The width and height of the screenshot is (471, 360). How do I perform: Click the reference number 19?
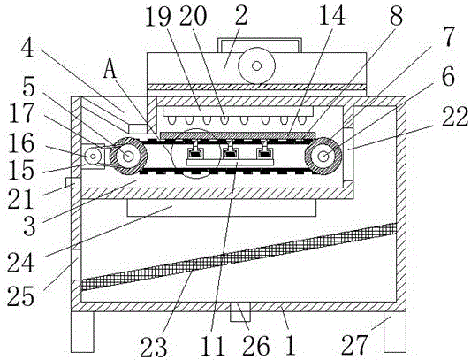[158, 16]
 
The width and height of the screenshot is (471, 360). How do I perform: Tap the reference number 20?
[194, 16]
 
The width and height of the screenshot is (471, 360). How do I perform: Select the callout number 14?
[331, 16]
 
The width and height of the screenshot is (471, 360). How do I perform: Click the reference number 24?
[20, 263]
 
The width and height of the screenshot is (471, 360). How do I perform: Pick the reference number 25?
[20, 296]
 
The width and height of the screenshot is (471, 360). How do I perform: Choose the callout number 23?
[154, 347]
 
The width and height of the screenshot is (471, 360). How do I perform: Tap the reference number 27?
[354, 345]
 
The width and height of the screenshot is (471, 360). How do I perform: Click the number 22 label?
[455, 117]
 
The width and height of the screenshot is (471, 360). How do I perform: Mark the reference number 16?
[21, 144]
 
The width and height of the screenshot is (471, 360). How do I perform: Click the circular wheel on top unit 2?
[256, 65]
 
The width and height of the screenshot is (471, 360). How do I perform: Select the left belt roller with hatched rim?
[128, 156]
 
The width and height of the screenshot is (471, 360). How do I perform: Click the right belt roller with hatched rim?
[323, 156]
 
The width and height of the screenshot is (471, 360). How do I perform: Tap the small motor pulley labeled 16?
[93, 156]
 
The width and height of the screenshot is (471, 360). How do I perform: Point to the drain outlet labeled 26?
[240, 312]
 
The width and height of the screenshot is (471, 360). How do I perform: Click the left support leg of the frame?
[82, 332]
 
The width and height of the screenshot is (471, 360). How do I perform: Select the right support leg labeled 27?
[395, 332]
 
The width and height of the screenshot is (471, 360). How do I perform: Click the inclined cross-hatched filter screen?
[239, 257]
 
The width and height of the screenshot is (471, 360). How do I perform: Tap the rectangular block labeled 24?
[222, 207]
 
